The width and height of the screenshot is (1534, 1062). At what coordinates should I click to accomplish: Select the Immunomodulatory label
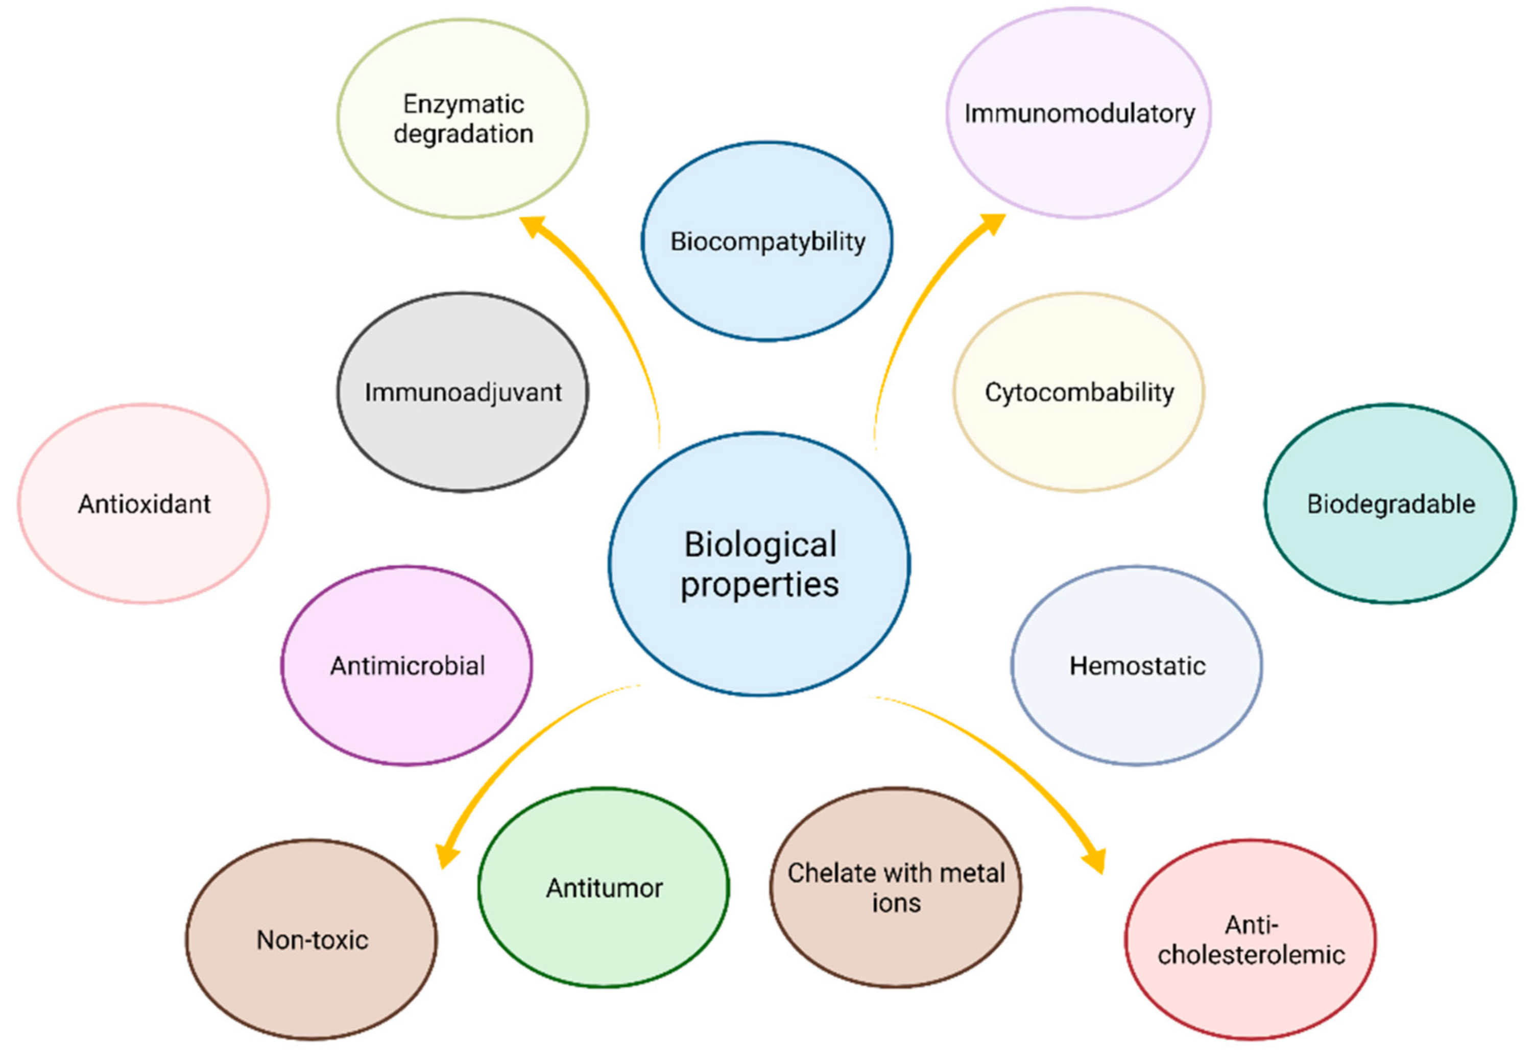click(x=1079, y=114)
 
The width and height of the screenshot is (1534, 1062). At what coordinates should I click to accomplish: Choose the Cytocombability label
click(x=1079, y=393)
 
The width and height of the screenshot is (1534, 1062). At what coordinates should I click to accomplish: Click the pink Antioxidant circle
click(x=144, y=504)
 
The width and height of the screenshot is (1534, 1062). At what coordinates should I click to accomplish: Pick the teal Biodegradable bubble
click(x=1390, y=504)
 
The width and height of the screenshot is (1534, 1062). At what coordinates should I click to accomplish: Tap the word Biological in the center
click(x=760, y=545)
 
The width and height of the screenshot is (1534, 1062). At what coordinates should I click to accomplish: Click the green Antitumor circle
click(x=604, y=888)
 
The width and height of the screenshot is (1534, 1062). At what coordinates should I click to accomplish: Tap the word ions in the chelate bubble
click(x=896, y=904)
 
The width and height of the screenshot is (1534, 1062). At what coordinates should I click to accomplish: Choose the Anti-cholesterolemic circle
click(x=1251, y=939)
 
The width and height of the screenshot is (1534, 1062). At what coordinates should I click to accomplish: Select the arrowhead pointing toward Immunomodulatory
click(x=993, y=224)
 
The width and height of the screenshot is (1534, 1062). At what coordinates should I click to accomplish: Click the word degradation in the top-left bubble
click(x=463, y=134)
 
